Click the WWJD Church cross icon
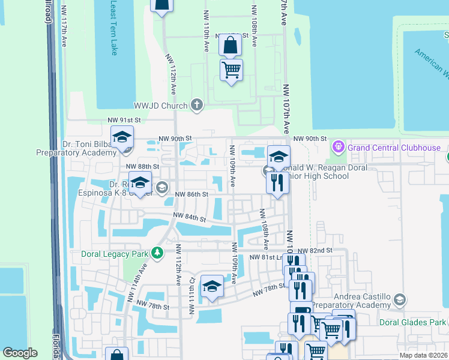click(x=196, y=105)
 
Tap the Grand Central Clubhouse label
click(x=394, y=148)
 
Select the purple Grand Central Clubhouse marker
click(x=339, y=146)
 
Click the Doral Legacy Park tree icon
click(x=158, y=253)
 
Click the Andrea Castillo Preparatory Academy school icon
click(x=399, y=299)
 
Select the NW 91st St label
click(x=124, y=120)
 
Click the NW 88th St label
click(x=142, y=166)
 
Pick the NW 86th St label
click(x=191, y=194)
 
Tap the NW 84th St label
click(x=189, y=218)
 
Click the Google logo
click(x=20, y=353)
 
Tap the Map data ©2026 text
click(x=423, y=355)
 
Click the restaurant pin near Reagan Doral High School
click(x=277, y=182)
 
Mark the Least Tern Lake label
click(x=114, y=27)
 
